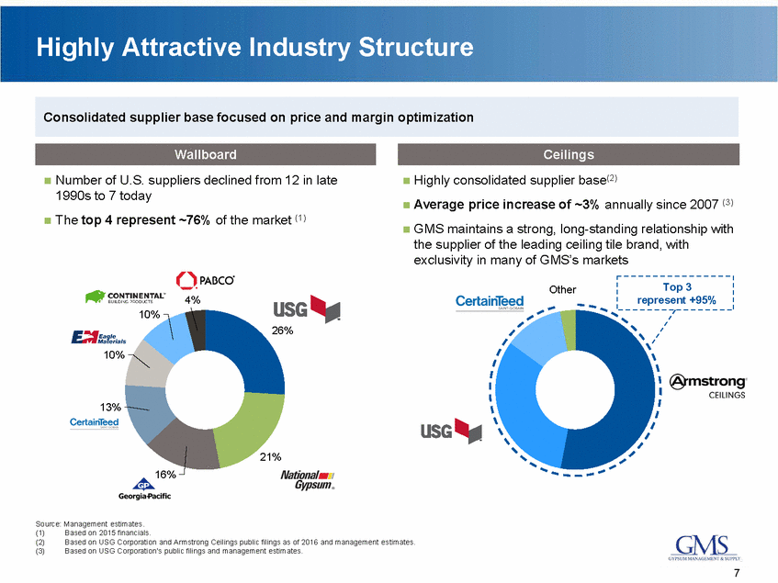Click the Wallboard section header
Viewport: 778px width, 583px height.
tap(207, 154)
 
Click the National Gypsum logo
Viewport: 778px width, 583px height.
tap(308, 479)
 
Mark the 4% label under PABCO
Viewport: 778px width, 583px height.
tap(192, 299)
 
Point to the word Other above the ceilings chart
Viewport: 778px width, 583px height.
tap(562, 289)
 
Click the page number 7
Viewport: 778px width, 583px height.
tap(739, 573)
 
